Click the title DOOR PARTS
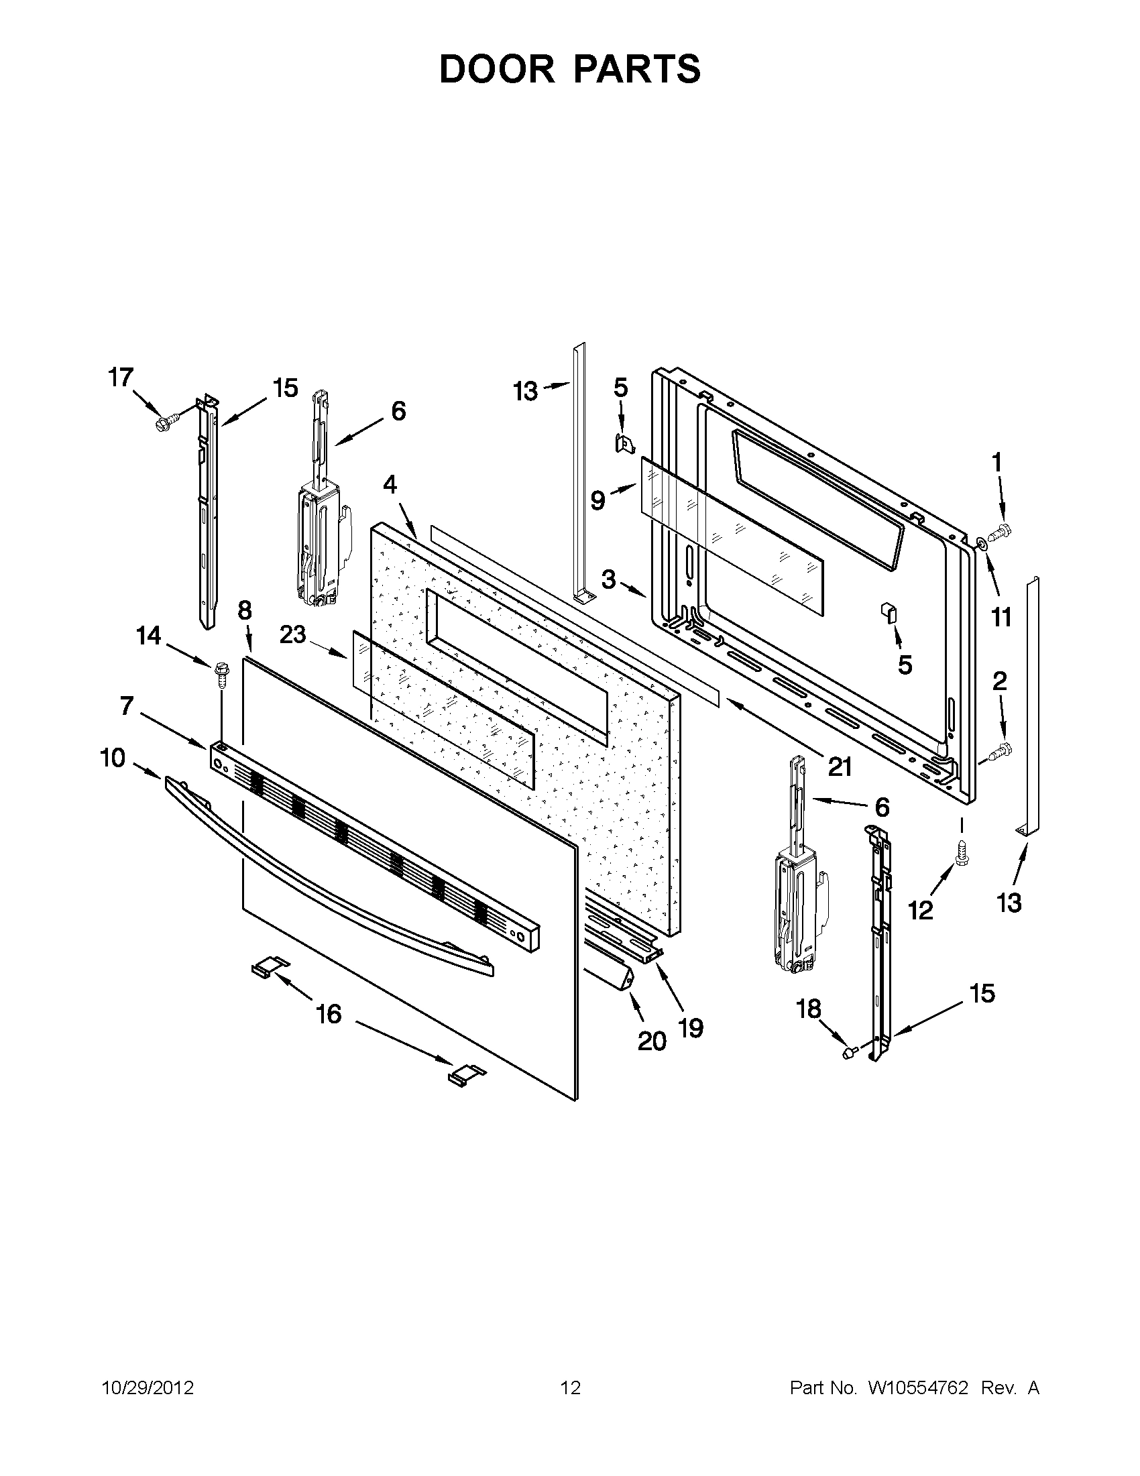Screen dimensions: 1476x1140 click(x=569, y=69)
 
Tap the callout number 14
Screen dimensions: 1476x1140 click(x=149, y=635)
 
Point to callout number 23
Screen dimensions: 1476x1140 click(x=293, y=634)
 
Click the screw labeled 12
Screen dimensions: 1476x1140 click(x=960, y=853)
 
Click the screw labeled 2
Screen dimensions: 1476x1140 click(x=1000, y=751)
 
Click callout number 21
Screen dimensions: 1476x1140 click(x=840, y=767)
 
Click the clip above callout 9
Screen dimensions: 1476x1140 click(x=624, y=443)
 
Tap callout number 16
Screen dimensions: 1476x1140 click(x=329, y=1014)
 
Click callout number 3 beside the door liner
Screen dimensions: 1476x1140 click(x=608, y=579)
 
